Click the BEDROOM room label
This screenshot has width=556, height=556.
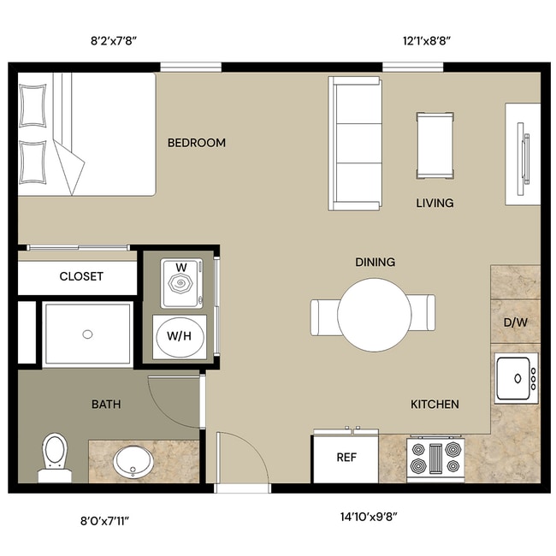196,143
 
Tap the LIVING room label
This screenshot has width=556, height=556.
435,204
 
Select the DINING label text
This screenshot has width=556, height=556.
375,262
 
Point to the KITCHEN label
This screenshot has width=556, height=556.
435,405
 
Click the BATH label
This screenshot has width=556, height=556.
106,405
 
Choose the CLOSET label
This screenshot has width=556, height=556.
81,276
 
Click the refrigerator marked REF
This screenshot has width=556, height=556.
346,458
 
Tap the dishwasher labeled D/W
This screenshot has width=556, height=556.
515,323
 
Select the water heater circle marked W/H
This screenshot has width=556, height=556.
179,336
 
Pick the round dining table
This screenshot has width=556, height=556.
373,316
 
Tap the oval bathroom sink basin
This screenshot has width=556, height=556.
133,462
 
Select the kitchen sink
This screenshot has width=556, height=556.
516,377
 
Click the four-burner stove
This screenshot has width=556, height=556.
435,458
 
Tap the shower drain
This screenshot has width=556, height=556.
87,334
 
